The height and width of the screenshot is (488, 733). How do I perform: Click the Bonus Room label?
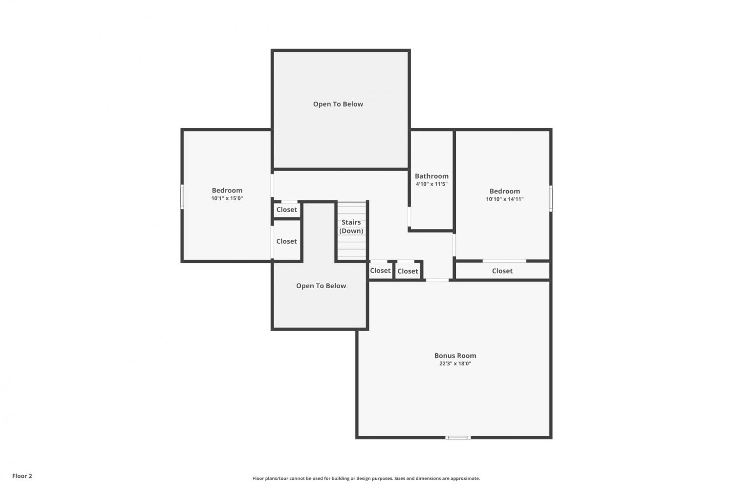point(455,356)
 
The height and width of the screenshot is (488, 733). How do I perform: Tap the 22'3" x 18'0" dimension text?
point(455,364)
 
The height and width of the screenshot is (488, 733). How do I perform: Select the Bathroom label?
point(431,176)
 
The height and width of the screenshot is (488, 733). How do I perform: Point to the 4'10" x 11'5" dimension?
point(431,184)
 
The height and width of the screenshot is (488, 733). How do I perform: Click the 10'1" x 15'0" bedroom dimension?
point(227,198)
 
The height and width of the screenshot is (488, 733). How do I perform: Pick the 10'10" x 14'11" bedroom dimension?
point(505,199)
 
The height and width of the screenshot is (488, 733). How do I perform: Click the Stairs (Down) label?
point(351,226)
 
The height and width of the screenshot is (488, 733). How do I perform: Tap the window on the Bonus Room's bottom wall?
point(458,437)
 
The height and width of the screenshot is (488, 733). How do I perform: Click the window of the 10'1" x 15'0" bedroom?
point(182,196)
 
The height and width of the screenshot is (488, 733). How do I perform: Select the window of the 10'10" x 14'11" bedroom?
point(551,198)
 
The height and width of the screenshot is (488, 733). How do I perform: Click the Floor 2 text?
point(22,476)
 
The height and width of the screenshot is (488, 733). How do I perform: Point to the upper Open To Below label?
point(338,104)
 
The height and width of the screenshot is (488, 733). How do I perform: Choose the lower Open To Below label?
point(321,286)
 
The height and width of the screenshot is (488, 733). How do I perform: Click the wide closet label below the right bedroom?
point(502,271)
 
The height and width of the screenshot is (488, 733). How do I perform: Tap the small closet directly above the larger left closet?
point(287,210)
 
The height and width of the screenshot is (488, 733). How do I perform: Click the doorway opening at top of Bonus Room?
point(437,280)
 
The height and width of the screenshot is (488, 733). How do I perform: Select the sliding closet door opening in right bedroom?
point(504,261)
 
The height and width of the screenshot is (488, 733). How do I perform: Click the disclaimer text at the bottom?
point(366,478)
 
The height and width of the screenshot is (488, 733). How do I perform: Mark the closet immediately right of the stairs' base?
point(381,271)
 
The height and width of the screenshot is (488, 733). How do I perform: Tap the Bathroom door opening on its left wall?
point(409,216)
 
